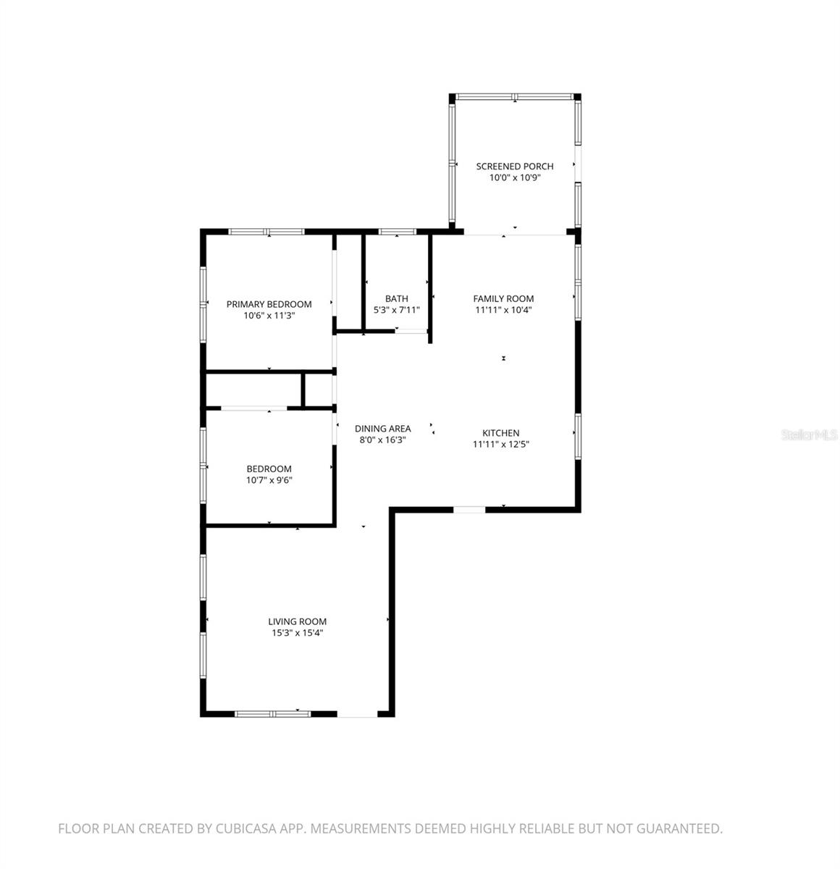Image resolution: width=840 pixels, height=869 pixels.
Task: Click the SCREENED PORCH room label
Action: point(514,167)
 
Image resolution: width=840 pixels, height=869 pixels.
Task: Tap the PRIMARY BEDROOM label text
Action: point(269,304)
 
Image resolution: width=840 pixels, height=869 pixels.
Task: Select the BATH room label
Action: point(396,298)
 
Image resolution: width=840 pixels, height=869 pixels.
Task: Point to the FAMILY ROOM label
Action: point(503,298)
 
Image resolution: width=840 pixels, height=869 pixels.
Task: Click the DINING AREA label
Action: point(382,429)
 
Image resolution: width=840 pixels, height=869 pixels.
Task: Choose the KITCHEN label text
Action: point(501,433)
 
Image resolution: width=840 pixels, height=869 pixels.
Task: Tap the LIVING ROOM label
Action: point(297,621)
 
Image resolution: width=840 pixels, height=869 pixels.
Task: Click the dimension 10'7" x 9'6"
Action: point(269,480)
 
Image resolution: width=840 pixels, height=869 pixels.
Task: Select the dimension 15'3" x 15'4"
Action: point(297,633)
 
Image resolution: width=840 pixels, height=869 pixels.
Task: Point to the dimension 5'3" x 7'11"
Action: point(396,310)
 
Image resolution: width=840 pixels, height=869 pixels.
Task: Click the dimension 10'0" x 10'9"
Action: point(514,177)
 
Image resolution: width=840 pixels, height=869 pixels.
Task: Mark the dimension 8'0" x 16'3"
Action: point(382,440)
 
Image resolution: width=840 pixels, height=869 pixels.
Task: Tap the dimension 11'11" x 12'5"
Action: point(501,445)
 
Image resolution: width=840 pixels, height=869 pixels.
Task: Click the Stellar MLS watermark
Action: point(809,435)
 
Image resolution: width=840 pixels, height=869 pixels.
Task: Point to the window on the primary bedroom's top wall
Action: point(266,232)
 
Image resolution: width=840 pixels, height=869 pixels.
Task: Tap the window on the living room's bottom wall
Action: point(273,714)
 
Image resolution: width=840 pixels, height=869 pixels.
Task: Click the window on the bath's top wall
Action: point(398,232)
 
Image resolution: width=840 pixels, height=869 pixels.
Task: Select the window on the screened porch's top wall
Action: point(514,96)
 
